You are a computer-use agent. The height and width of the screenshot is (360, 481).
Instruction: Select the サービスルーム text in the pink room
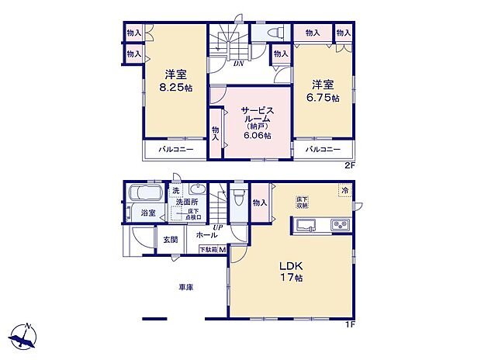coord(256,116)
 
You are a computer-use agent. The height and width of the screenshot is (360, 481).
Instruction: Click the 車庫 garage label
coord(185,287)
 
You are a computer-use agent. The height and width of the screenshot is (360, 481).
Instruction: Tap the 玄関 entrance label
coord(171,240)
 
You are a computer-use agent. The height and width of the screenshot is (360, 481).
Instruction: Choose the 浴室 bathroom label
coord(147,212)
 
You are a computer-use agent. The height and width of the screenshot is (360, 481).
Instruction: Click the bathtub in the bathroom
coord(144,192)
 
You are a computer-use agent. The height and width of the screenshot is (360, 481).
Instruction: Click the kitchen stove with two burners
coord(340,225)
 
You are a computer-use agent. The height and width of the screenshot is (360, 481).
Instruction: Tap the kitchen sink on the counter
coord(305,225)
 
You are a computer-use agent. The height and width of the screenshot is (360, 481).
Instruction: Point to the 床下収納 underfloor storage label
coord(302,202)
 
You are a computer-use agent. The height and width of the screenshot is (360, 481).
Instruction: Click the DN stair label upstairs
coord(240,64)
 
